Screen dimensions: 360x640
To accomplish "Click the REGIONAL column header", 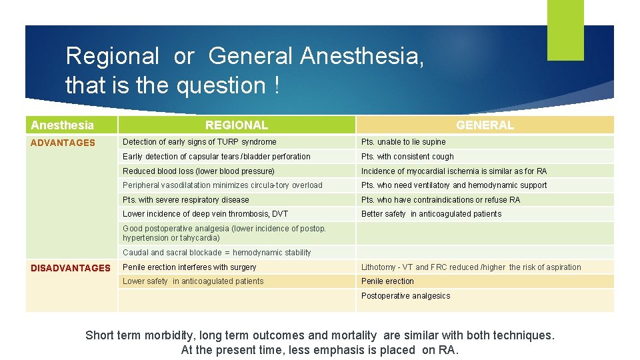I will pos(236,125).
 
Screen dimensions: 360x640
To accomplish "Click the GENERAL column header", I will pos(485,125).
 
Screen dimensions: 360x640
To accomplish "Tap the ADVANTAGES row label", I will pos(63,143).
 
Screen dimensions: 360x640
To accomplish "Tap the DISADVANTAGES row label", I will pos(71,268).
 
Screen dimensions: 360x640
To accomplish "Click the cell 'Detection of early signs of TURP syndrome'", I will pos(199,142).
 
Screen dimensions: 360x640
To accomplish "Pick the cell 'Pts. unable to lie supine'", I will pos(403,142).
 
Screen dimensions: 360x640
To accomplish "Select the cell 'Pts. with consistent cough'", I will pos(407,157).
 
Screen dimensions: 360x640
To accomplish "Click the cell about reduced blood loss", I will pos(199,171).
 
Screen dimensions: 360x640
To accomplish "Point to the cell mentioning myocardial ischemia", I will pos(454,171).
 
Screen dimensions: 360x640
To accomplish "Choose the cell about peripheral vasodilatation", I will pos(223,185).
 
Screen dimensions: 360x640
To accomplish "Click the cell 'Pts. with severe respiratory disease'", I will pos(186,200).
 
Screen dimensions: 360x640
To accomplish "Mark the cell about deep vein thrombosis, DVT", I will pos(205,214).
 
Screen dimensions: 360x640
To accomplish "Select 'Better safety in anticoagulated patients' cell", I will pos(431,214).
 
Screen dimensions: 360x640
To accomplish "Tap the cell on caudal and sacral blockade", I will pos(217,253).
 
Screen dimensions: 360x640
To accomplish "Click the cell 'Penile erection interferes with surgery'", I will pos(189,267).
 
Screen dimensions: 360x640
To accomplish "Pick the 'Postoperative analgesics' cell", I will pos(405,296).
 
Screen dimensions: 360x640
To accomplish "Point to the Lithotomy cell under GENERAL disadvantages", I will pos(471,267).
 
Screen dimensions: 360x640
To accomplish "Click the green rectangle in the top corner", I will pos(565,30).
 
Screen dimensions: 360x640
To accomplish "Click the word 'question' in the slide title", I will pos(223,85).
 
